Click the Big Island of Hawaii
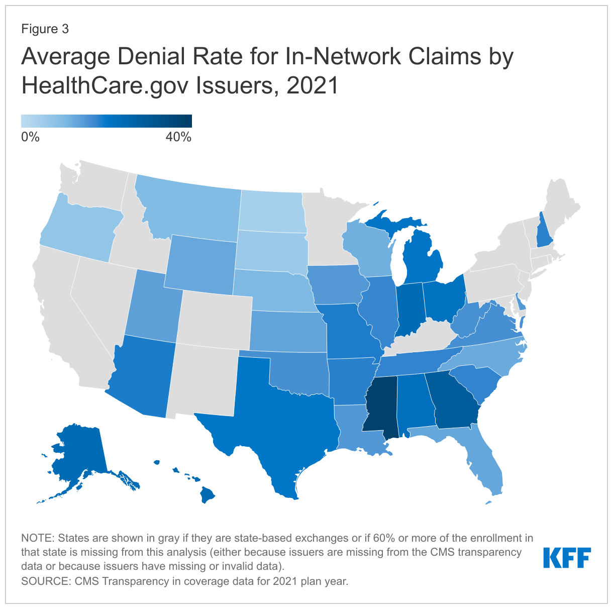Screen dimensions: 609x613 (208, 494)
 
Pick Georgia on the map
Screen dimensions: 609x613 (455, 402)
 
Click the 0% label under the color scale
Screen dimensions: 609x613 (30, 137)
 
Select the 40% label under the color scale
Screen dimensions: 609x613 (178, 137)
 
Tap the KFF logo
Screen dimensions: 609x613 (567, 558)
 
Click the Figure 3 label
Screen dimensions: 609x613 (45, 29)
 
